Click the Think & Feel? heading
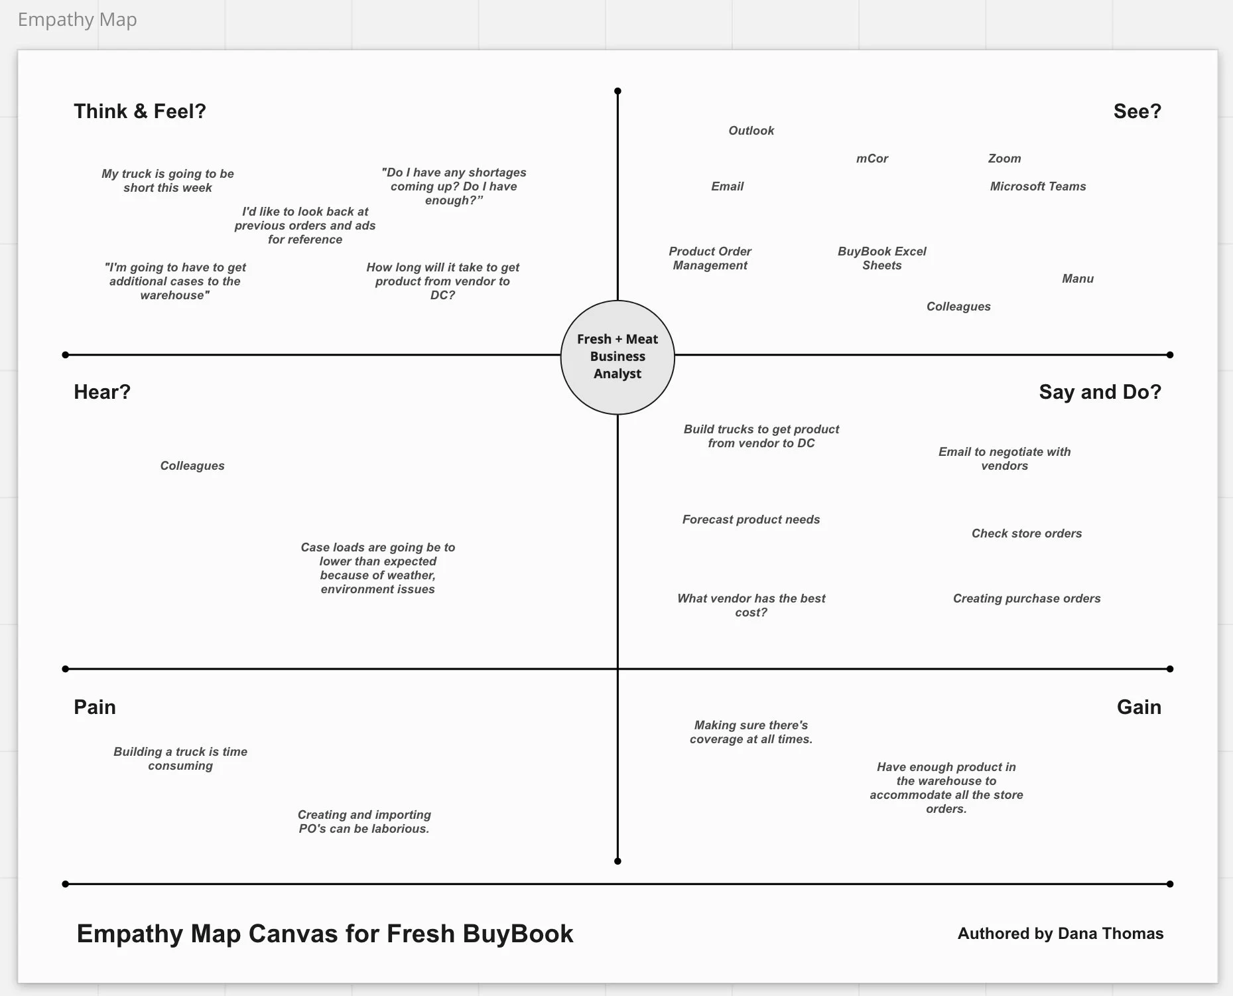139,111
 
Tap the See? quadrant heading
1137,111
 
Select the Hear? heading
102,392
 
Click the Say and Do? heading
1100,392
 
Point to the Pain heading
95,707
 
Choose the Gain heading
1139,707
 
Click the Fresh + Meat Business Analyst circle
617,357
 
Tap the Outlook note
751,131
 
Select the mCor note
872,159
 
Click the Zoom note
1004,159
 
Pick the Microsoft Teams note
1038,186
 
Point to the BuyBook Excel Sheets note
881,258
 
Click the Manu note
1077,279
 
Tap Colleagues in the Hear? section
192,466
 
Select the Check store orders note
1026,534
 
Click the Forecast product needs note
751,520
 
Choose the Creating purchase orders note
1026,599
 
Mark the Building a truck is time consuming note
180,758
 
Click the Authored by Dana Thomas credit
1060,934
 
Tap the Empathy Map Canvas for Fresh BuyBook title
325,934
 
